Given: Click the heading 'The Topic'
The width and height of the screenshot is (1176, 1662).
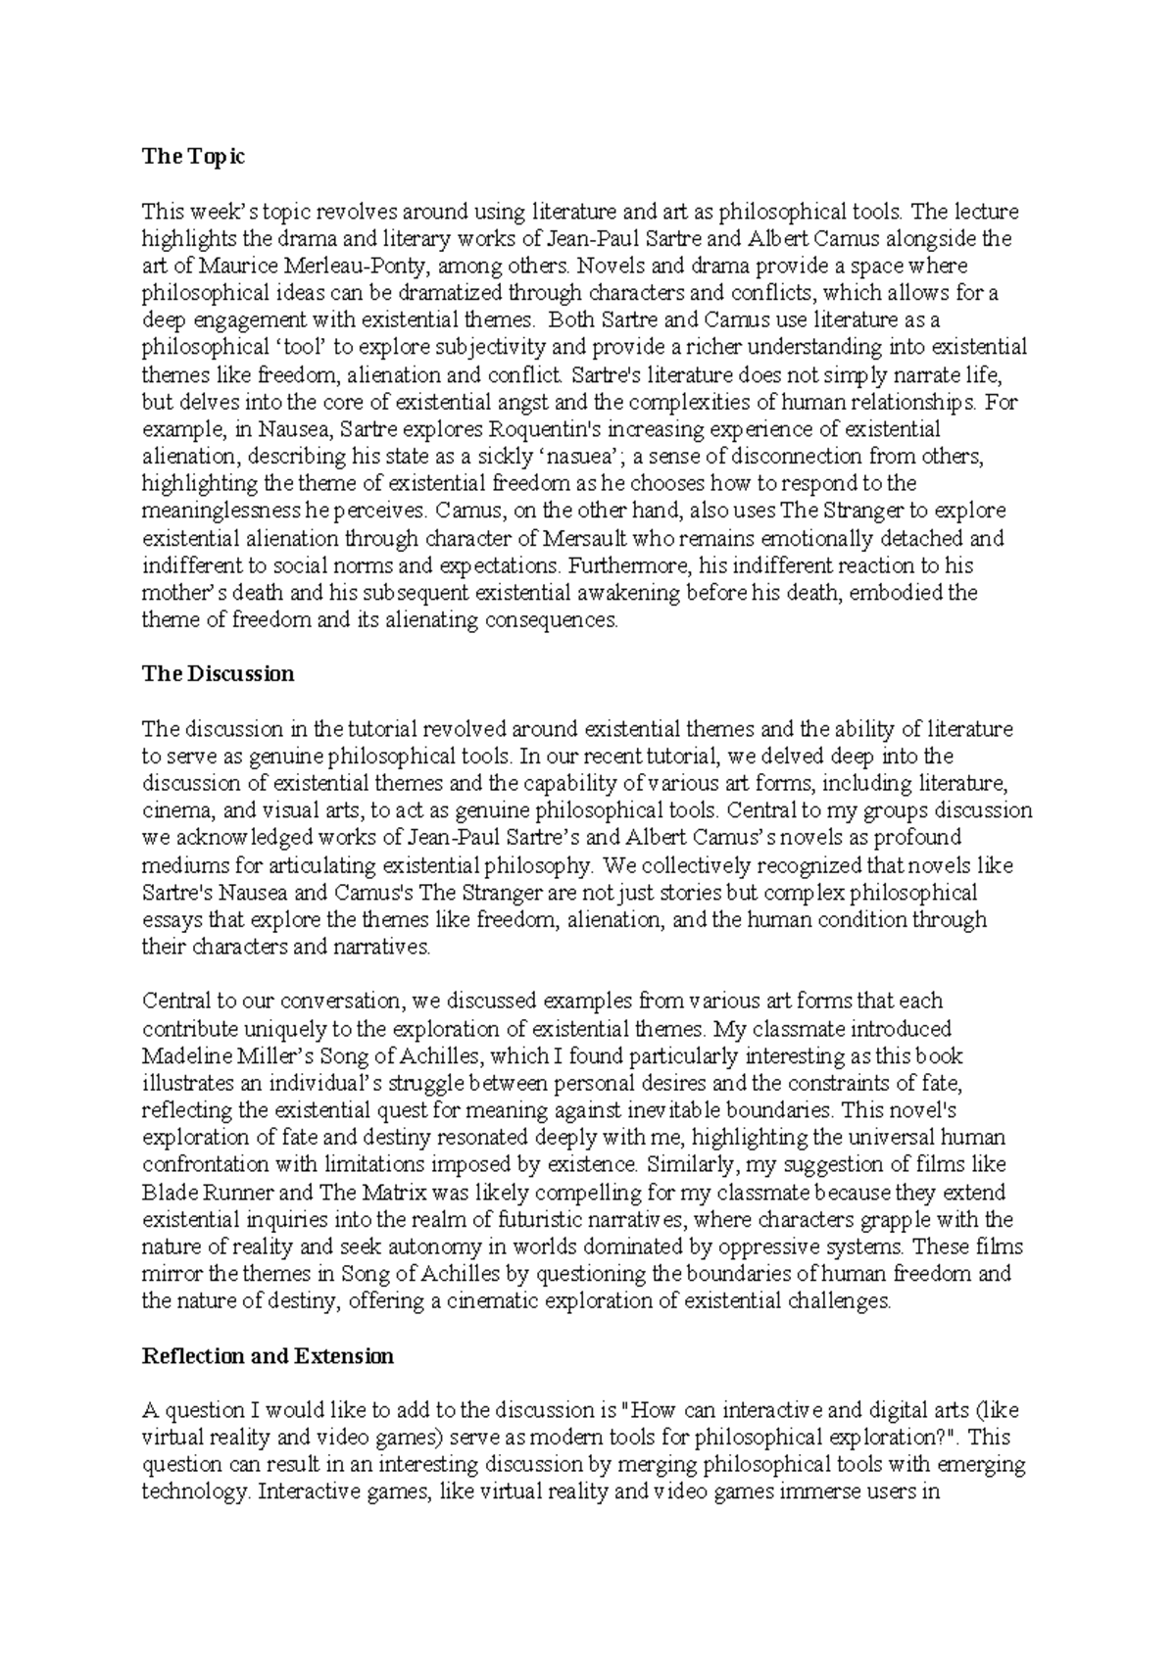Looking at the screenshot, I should [x=193, y=157].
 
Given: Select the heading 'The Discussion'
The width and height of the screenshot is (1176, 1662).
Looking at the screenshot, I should [x=218, y=674].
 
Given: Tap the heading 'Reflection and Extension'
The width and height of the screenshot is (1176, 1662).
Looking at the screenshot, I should [x=268, y=1356].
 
